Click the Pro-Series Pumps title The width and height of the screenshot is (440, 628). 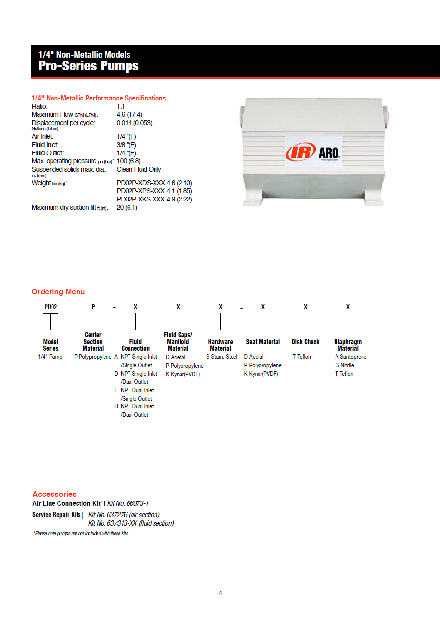click(x=88, y=66)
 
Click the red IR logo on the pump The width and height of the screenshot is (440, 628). click(x=300, y=152)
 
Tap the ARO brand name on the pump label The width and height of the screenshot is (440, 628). click(x=329, y=152)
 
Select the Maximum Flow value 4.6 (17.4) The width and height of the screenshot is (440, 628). click(x=129, y=114)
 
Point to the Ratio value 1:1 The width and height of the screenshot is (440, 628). click(x=121, y=106)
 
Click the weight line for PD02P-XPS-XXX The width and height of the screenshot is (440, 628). click(x=154, y=191)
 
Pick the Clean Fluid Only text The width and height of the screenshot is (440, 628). click(x=139, y=169)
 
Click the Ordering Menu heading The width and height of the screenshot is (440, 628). click(x=58, y=292)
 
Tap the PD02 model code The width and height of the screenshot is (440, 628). click(x=51, y=307)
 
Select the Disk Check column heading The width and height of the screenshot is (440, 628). click(x=306, y=342)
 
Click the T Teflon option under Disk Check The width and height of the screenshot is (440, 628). click(x=302, y=357)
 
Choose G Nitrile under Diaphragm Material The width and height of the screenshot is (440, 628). click(x=344, y=365)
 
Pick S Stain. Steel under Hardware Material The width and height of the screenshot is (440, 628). click(x=222, y=357)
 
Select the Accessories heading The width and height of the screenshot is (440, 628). click(x=54, y=494)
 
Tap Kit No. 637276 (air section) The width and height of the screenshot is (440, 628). click(x=124, y=515)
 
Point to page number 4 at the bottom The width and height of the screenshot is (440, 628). click(x=220, y=593)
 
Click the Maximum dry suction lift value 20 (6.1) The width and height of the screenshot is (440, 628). click(x=127, y=207)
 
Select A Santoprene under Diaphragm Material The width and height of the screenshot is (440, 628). click(x=351, y=357)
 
